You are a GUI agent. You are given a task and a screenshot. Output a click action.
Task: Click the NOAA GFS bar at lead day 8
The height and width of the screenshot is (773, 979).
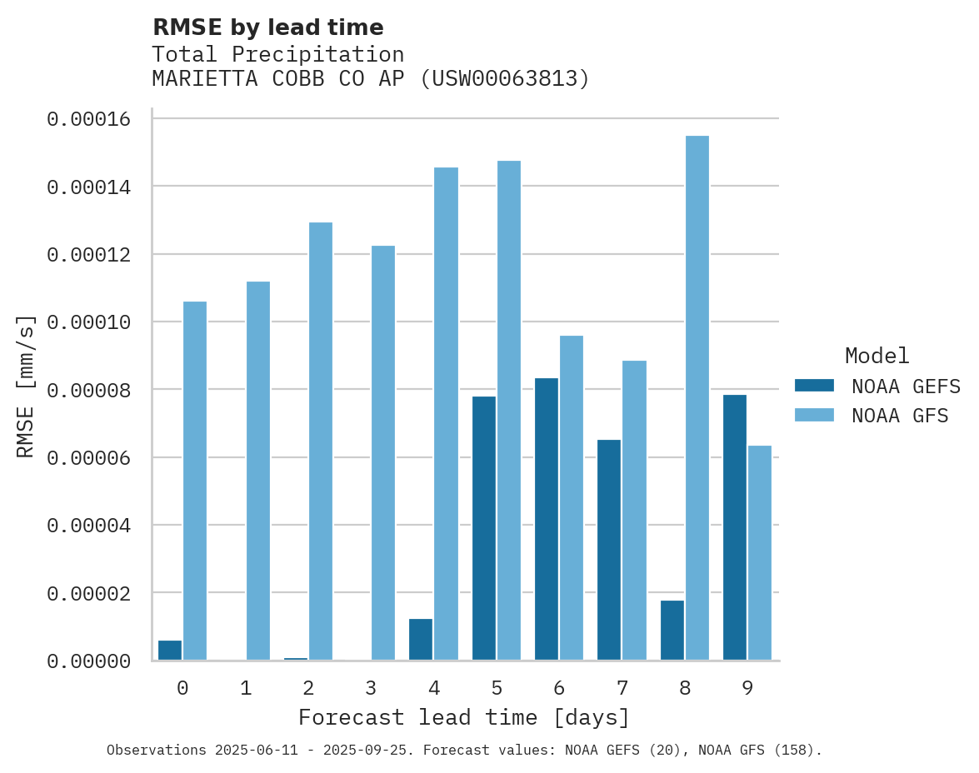(697, 398)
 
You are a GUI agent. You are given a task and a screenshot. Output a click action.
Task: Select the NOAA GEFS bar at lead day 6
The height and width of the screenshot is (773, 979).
(547, 519)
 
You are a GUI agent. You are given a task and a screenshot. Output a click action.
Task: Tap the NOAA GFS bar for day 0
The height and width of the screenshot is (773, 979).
(195, 481)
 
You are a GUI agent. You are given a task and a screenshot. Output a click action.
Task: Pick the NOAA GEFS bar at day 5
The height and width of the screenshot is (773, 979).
(484, 528)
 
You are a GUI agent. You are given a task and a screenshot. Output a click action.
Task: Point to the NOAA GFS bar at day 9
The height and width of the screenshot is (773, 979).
(760, 553)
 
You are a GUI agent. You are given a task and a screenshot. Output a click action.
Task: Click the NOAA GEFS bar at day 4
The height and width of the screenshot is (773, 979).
(421, 639)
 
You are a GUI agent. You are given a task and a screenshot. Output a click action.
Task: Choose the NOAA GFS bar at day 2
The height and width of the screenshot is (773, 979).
(321, 441)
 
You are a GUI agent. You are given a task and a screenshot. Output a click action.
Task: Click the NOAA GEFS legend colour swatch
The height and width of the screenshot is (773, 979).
(815, 386)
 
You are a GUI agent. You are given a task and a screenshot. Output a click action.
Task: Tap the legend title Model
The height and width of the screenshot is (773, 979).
(877, 356)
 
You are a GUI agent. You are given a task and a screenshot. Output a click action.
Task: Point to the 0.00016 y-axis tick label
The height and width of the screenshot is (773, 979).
(89, 119)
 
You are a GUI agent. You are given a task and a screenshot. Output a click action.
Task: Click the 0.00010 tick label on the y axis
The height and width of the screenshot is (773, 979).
(89, 322)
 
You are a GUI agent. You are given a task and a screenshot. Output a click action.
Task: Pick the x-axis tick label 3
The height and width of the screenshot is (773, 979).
(371, 688)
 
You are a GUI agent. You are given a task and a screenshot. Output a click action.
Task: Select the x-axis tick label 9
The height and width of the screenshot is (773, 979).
(747, 688)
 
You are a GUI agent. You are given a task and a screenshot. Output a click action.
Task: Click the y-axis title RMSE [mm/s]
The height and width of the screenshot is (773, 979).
(26, 386)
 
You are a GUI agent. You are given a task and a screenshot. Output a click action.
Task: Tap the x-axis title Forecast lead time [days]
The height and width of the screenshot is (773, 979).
(464, 717)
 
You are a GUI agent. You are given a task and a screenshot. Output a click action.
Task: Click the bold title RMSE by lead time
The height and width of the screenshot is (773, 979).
(267, 27)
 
